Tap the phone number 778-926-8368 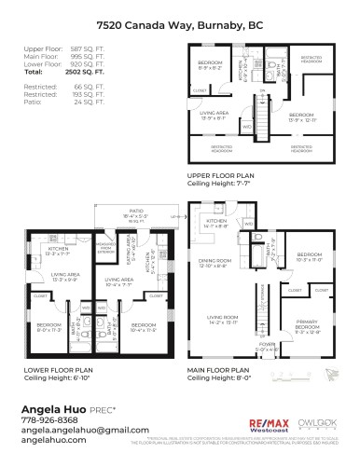[x=46, y=420]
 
